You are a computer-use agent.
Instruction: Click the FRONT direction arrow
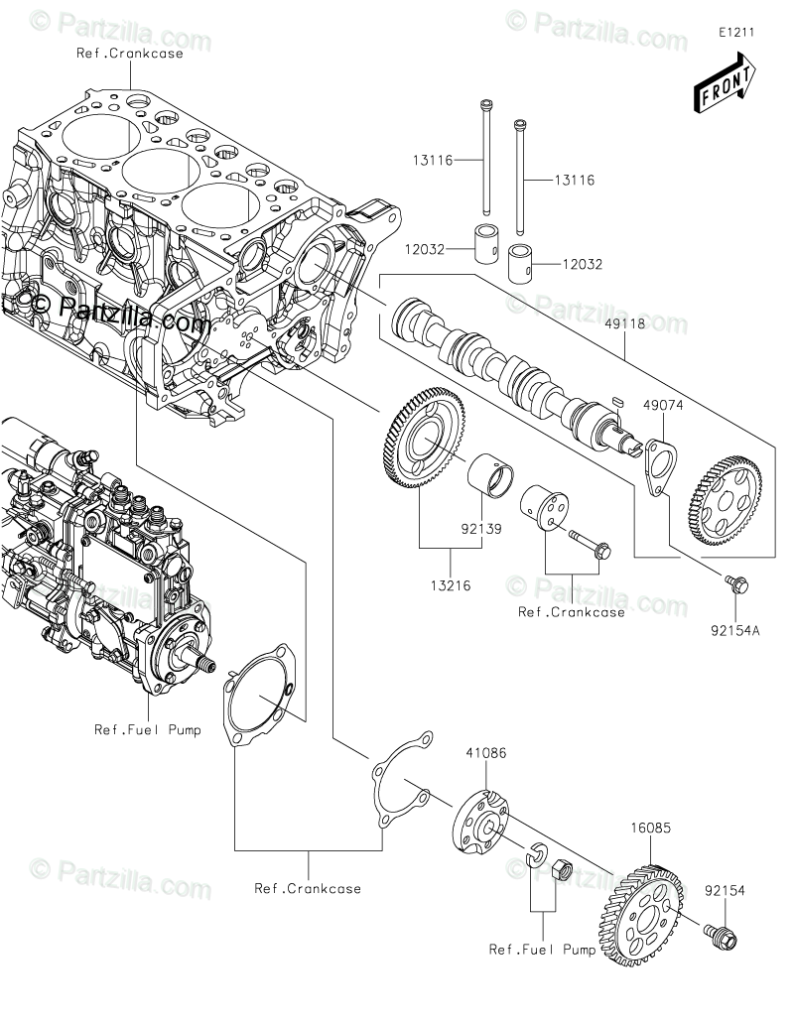pyautogui.click(x=725, y=83)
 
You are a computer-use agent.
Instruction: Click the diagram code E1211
pyautogui.click(x=737, y=32)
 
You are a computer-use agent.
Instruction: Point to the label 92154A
pyautogui.click(x=734, y=628)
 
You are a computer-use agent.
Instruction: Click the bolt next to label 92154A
pyautogui.click(x=735, y=585)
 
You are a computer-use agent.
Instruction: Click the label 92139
pyautogui.click(x=480, y=529)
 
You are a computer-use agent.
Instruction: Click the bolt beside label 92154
pyautogui.click(x=722, y=933)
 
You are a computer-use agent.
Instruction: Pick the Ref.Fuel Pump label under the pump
pyautogui.click(x=147, y=730)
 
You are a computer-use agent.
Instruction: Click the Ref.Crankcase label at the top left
pyautogui.click(x=130, y=54)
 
